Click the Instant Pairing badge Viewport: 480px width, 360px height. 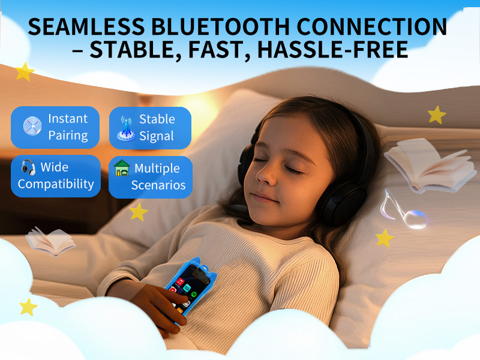56,127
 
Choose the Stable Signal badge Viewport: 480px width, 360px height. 150,127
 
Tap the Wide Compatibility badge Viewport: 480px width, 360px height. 56,176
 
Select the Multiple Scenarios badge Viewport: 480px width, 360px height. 151,176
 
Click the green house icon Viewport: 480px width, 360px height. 122,169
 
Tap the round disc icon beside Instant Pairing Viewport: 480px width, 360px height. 32,126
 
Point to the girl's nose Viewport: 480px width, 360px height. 263,175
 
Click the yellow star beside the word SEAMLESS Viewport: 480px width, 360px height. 25,72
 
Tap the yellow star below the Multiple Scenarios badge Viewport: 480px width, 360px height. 139,211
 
